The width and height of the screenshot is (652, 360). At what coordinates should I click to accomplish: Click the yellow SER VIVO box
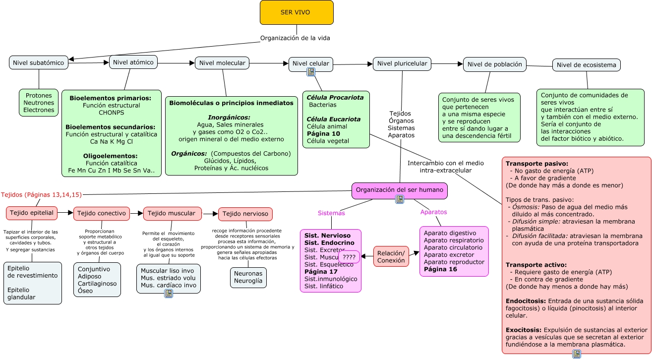[x=296, y=12]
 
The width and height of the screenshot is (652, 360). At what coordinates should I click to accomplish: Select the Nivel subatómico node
[x=39, y=62]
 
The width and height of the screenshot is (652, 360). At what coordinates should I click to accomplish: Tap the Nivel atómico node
[x=133, y=62]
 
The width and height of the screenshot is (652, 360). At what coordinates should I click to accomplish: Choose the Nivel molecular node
[x=222, y=62]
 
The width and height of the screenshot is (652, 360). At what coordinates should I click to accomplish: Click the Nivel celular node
[x=311, y=63]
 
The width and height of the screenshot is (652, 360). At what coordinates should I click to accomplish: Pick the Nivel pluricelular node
[x=402, y=63]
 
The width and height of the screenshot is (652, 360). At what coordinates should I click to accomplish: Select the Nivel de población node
[x=494, y=64]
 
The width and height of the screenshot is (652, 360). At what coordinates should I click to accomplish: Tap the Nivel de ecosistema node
[x=586, y=65]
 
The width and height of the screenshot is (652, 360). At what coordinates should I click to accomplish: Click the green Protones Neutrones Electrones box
[x=39, y=103]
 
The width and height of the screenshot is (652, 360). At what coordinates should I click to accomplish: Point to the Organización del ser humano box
[x=399, y=190]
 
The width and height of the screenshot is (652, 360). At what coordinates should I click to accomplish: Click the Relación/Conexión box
[x=391, y=256]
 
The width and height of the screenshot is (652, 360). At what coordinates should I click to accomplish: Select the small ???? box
[x=349, y=257]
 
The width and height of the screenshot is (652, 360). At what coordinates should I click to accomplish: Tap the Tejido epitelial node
[x=32, y=213]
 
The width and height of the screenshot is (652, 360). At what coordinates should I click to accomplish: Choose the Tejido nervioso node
[x=245, y=214]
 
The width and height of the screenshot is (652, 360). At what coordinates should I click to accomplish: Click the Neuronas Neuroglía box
[x=248, y=277]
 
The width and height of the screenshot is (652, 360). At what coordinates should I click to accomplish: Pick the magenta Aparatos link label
[x=433, y=212]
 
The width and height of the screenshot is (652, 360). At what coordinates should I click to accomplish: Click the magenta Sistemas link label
[x=331, y=213]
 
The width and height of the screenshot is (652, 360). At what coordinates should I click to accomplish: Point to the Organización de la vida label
[x=295, y=38]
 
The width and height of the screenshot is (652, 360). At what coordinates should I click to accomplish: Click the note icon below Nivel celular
[x=311, y=72]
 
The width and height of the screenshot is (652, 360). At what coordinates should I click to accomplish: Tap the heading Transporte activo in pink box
[x=536, y=265]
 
